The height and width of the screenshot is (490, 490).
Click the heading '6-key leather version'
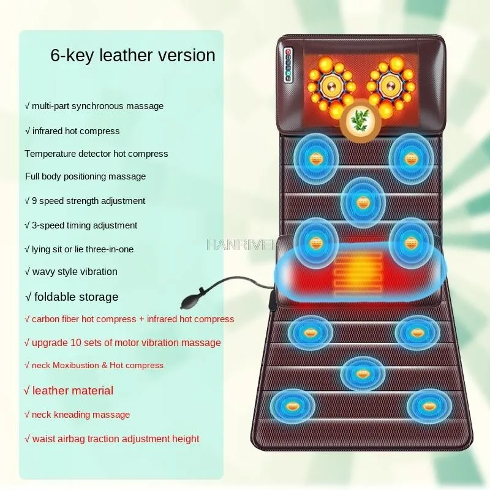tap(132, 56)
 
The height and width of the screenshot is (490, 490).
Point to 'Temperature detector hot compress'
tap(96, 154)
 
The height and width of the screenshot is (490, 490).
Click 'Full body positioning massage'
tap(85, 176)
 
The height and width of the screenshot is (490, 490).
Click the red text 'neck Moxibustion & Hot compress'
tap(94, 366)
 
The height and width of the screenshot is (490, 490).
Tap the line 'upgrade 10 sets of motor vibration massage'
tap(123, 342)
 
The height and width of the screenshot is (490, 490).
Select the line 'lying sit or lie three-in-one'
tap(79, 249)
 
